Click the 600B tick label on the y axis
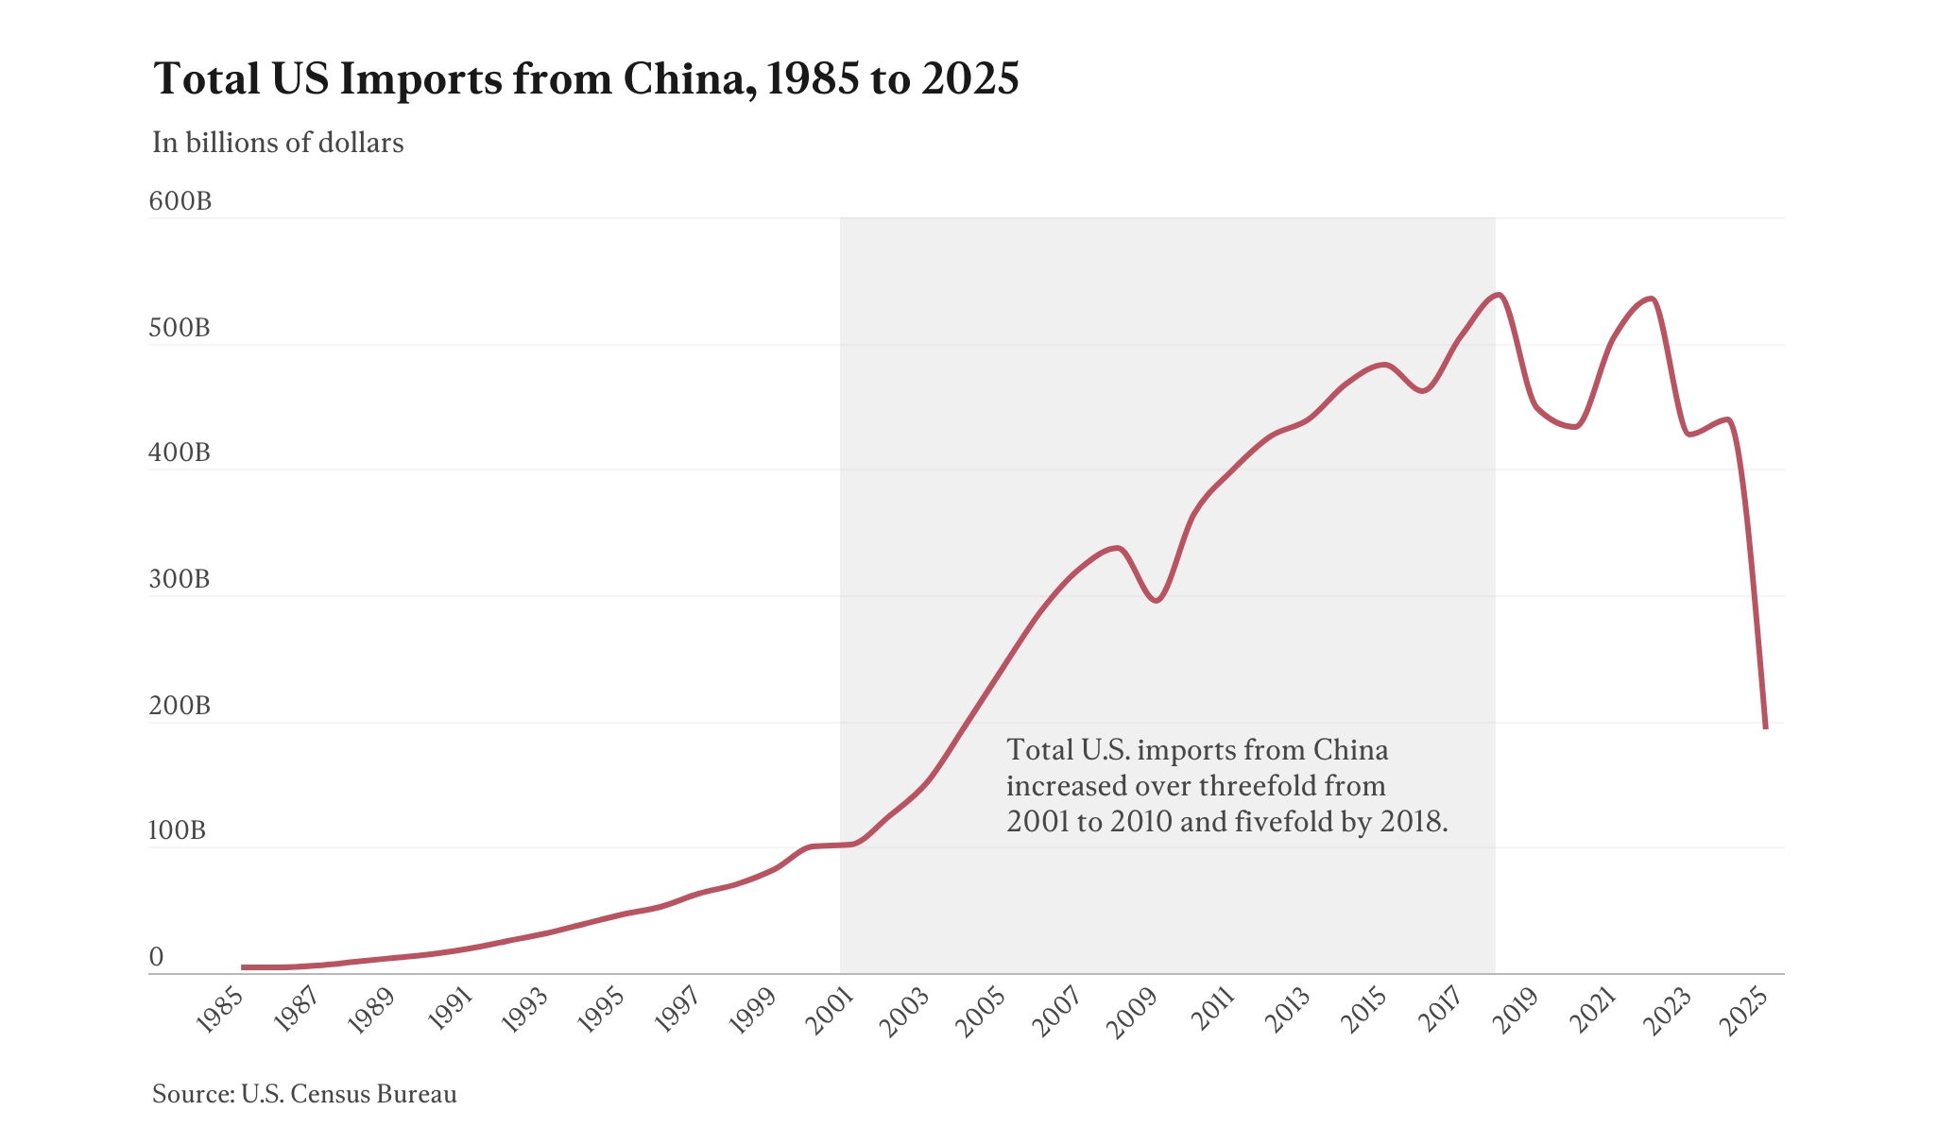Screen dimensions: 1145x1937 pyautogui.click(x=180, y=201)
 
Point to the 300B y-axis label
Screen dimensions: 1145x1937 pyautogui.click(x=180, y=579)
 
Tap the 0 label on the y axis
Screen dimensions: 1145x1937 pyautogui.click(x=157, y=957)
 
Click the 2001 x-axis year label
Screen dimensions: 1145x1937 pyautogui.click(x=832, y=1014)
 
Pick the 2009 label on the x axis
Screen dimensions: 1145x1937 pyautogui.click(x=1137, y=1014)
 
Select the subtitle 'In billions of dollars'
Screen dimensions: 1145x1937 pyautogui.click(x=278, y=143)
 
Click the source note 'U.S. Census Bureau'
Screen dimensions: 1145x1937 pyautogui.click(x=349, y=1094)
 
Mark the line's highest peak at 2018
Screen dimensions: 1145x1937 pyautogui.click(x=1498, y=295)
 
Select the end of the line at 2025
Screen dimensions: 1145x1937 pyautogui.click(x=1765, y=727)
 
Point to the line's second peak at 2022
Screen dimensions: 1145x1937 pyautogui.click(x=1651, y=299)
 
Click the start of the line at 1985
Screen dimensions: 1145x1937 pyautogui.click(x=243, y=967)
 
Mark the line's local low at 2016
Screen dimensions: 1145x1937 pyautogui.click(x=1422, y=391)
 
